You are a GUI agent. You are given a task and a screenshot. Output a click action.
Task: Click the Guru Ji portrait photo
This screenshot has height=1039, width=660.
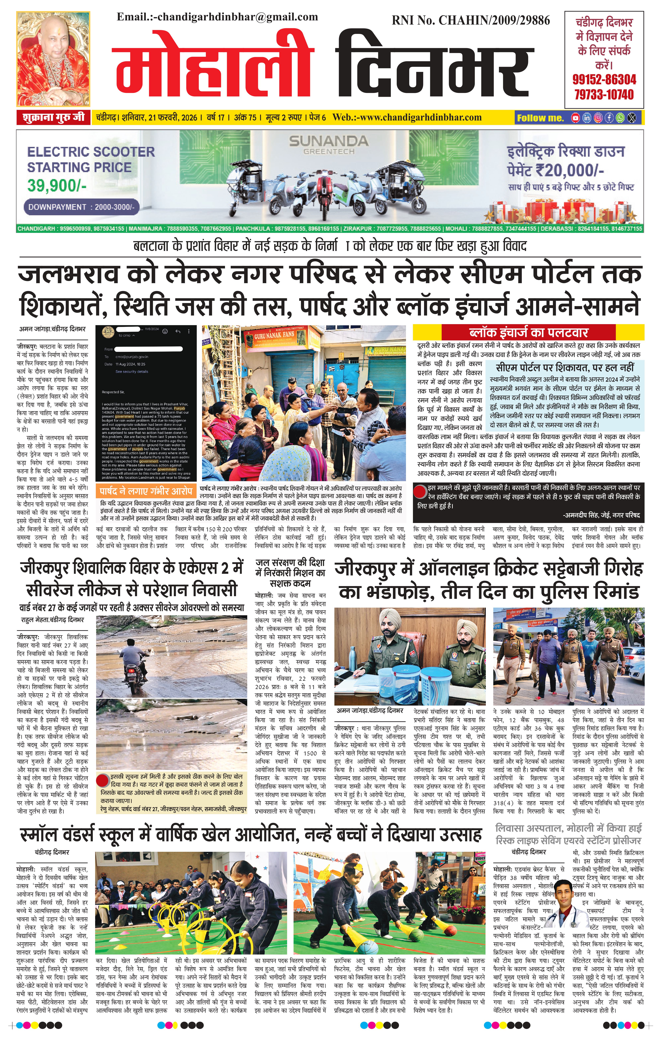point(53,59)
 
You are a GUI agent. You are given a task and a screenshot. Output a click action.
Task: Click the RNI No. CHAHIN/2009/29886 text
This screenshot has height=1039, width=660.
point(471,20)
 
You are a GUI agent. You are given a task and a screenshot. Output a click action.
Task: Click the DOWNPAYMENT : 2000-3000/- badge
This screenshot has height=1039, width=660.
point(81,207)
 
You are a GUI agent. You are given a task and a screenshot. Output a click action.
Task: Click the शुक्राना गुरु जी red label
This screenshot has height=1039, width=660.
point(53,117)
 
